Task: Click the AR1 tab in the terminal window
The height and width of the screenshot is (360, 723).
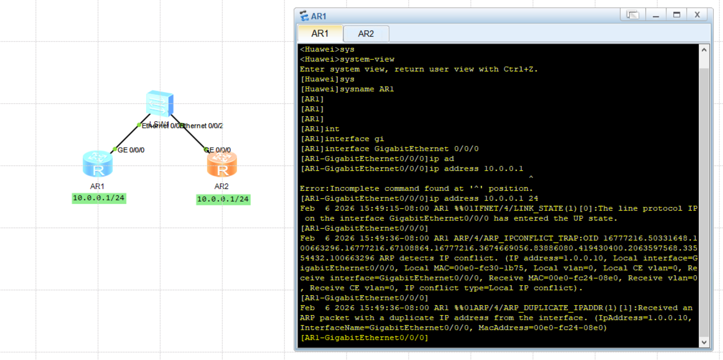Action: (x=320, y=34)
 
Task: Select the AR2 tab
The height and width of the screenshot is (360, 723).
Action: (x=366, y=34)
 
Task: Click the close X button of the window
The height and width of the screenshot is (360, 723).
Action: (x=697, y=15)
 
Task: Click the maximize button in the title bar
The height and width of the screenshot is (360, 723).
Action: (x=676, y=15)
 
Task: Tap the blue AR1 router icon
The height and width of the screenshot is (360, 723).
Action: (x=98, y=164)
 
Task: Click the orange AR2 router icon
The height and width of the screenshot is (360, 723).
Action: (x=222, y=164)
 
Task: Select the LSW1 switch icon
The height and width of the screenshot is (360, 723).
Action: (x=160, y=103)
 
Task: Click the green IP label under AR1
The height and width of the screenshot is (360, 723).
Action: (x=99, y=198)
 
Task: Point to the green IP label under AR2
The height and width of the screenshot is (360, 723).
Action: (x=223, y=199)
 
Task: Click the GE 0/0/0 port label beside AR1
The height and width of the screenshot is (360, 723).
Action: (x=131, y=150)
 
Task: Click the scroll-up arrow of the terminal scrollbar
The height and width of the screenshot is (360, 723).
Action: (x=704, y=50)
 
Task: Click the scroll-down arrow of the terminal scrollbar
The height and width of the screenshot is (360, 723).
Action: (x=704, y=342)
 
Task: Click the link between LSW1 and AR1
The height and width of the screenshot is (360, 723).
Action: (x=131, y=133)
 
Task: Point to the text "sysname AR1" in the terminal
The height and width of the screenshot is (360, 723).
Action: (x=367, y=89)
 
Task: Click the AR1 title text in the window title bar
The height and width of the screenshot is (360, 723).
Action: (x=319, y=16)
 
